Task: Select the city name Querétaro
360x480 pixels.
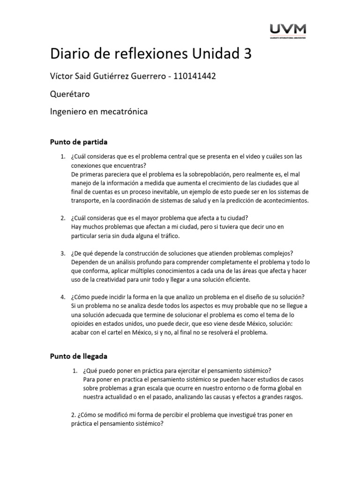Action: [70, 94]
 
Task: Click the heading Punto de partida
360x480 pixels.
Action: [79, 141]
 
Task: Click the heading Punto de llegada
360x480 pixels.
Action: [79, 356]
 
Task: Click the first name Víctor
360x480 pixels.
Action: [62, 76]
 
